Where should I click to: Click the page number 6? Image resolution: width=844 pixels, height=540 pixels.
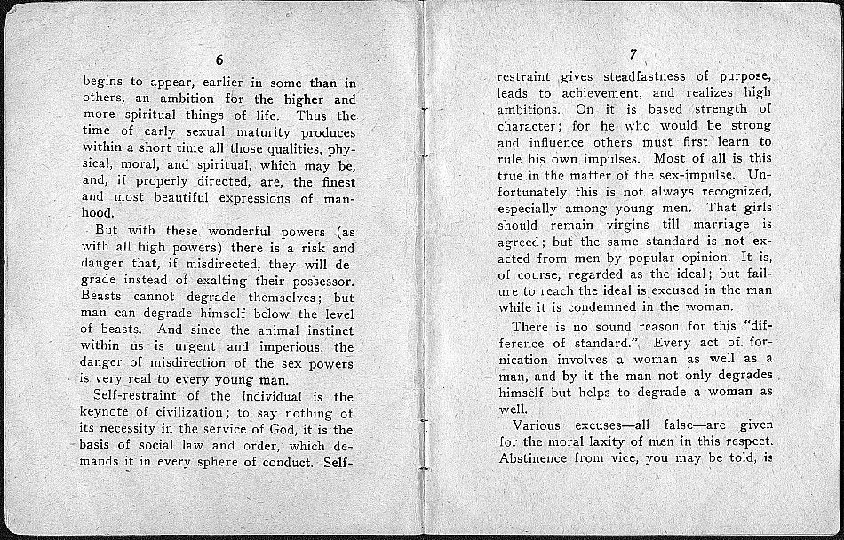[x=219, y=60]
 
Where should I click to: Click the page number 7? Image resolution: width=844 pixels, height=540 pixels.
[x=633, y=53]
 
